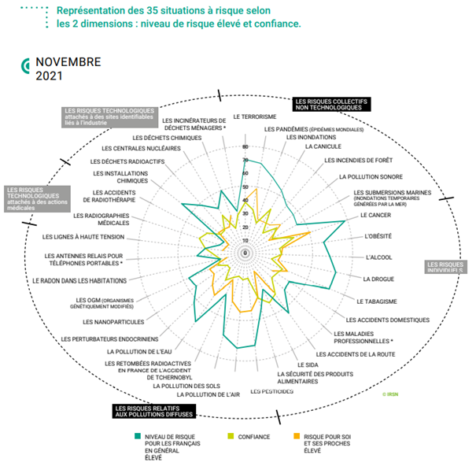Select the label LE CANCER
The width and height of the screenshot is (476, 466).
click(x=376, y=215)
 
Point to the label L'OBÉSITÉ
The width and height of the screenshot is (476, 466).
click(x=379, y=236)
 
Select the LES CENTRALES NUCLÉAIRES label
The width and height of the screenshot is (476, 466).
click(x=141, y=149)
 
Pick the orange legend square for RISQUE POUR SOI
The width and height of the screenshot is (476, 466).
click(x=297, y=435)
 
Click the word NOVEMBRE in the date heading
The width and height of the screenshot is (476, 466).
click(x=68, y=62)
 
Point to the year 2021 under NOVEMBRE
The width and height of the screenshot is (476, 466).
click(x=49, y=76)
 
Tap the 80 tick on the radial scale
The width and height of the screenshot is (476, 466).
click(x=245, y=147)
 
